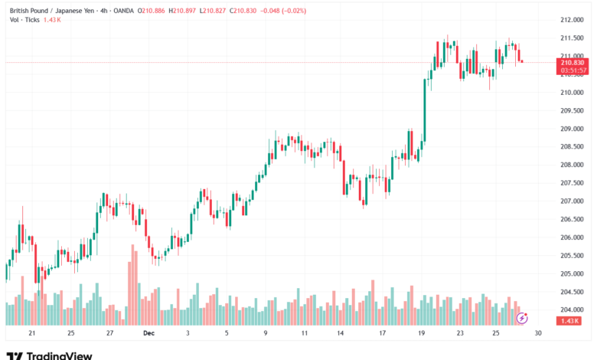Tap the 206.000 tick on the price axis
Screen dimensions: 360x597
pyautogui.click(x=571, y=237)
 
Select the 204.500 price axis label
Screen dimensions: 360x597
pyautogui.click(x=571, y=292)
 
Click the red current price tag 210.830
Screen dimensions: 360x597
pyautogui.click(x=573, y=63)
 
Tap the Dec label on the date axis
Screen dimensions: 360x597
pyautogui.click(x=148, y=333)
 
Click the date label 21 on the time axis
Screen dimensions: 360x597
pyautogui.click(x=31, y=333)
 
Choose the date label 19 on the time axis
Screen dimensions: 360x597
pyautogui.click(x=422, y=333)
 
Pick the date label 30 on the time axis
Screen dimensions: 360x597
pyautogui.click(x=538, y=333)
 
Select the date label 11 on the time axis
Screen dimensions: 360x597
pyautogui.click(x=305, y=333)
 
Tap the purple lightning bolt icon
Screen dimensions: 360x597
pyautogui.click(x=522, y=317)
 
